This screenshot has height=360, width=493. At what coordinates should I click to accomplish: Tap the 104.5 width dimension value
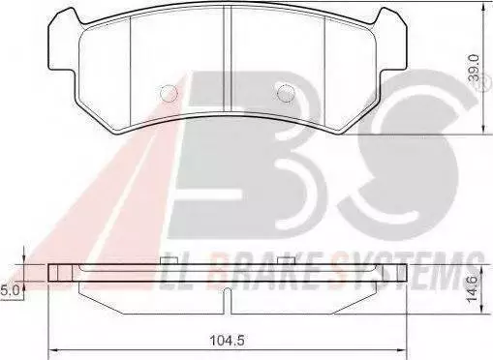227,340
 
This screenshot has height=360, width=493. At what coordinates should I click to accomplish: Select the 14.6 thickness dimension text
475,289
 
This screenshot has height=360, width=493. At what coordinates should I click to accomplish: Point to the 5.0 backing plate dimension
9,291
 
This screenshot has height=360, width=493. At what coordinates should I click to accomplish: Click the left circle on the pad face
169,94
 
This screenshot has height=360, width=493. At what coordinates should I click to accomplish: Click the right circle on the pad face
286,94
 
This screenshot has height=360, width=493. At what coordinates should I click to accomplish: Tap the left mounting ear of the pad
63,42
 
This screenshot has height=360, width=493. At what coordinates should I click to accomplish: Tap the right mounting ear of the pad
390,42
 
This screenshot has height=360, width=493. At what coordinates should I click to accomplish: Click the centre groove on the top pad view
228,61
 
